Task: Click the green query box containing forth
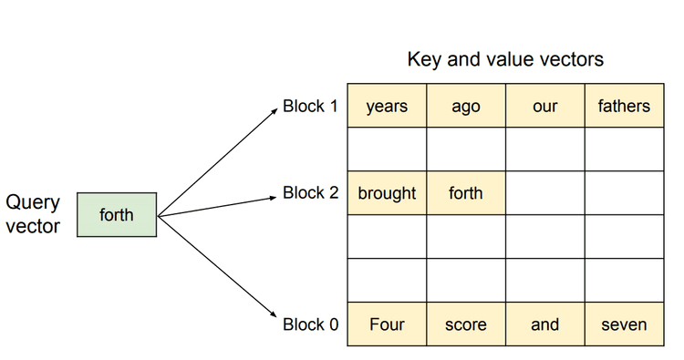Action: (117, 215)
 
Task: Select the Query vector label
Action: (33, 214)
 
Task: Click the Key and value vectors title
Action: (505, 60)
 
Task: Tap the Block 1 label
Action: (310, 106)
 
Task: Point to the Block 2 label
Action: (310, 193)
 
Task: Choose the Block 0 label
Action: (310, 324)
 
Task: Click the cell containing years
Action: (387, 106)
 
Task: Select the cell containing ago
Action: (465, 106)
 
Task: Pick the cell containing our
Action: (544, 106)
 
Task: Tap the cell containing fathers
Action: (624, 106)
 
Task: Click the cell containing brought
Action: (387, 193)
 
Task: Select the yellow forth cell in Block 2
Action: (465, 193)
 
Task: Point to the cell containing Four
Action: (387, 324)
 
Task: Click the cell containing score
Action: (465, 324)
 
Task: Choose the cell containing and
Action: (544, 324)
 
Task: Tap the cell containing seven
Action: (624, 324)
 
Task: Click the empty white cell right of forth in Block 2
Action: (544, 193)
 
